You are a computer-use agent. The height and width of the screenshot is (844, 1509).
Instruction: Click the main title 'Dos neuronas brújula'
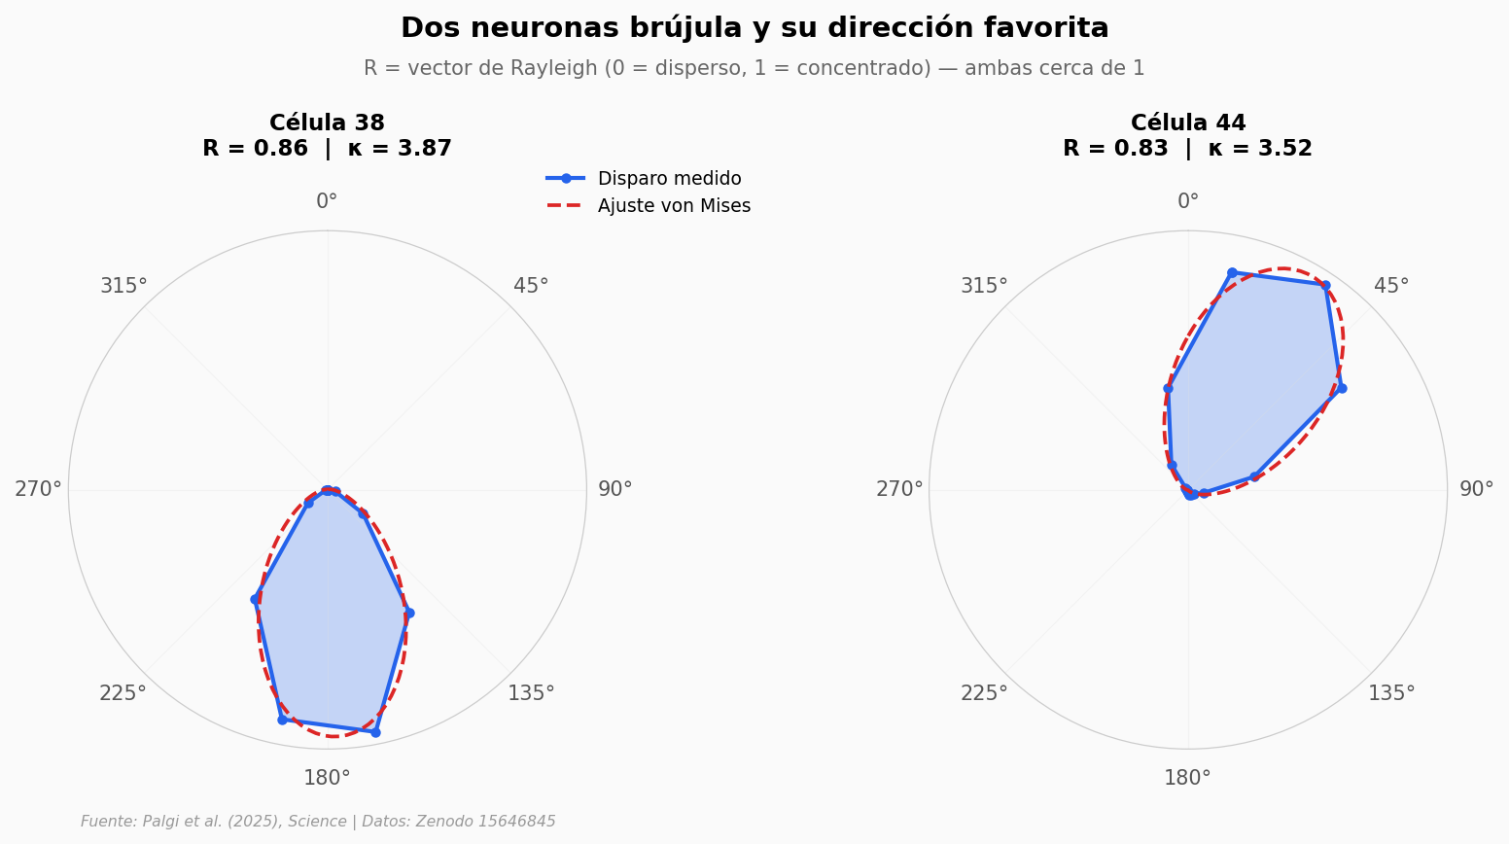tap(754, 28)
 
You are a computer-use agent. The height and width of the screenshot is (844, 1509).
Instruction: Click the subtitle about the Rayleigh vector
tap(754, 69)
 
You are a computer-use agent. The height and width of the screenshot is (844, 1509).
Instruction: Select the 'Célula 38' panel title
tap(327, 123)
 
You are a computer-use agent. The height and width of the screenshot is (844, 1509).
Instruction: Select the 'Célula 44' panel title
tap(1187, 123)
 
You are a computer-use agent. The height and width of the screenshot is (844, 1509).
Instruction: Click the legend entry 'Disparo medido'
tap(669, 179)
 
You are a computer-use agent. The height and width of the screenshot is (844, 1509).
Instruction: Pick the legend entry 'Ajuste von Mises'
tap(674, 206)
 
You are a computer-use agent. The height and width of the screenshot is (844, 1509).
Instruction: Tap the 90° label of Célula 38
tap(614, 489)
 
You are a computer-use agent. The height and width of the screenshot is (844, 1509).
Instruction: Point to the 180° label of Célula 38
tap(327, 777)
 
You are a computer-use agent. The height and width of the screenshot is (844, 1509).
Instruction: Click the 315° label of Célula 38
tap(123, 286)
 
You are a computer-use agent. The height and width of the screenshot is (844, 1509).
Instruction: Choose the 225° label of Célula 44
tap(984, 693)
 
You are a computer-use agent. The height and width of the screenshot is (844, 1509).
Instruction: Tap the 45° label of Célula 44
tap(1391, 286)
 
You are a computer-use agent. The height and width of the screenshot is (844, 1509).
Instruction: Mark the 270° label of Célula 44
tap(899, 489)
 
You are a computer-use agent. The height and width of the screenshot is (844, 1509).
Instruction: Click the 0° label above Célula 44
tap(1188, 201)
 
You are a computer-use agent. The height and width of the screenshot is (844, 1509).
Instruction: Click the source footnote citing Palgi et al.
tap(318, 822)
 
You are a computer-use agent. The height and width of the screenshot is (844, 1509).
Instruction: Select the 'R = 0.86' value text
tap(255, 149)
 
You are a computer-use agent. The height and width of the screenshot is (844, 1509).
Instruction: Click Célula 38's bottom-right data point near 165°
tap(375, 731)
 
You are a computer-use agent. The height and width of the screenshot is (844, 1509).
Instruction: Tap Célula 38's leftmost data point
tap(255, 599)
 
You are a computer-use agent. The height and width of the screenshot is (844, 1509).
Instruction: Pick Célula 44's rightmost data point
tap(1341, 388)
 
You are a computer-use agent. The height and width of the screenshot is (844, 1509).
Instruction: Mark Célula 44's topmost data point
tap(1232, 272)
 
